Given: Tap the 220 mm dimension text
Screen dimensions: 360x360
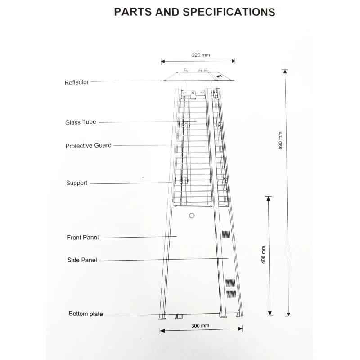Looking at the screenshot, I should tap(201, 55).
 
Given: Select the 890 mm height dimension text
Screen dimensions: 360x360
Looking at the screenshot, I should tap(280, 140).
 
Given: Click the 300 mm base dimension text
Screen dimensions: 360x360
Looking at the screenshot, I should tap(200, 325).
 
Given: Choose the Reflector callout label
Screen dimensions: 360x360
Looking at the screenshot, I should tap(76, 82).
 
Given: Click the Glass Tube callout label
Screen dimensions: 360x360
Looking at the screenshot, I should tap(81, 122).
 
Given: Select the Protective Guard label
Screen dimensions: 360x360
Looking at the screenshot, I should tap(88, 146).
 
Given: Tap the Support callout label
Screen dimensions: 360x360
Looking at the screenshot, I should tap(76, 183).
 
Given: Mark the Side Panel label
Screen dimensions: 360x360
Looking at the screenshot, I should tap(82, 260).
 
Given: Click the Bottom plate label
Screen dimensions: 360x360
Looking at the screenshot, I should tap(85, 314).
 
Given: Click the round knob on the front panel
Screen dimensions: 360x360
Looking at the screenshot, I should tap(192, 216).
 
